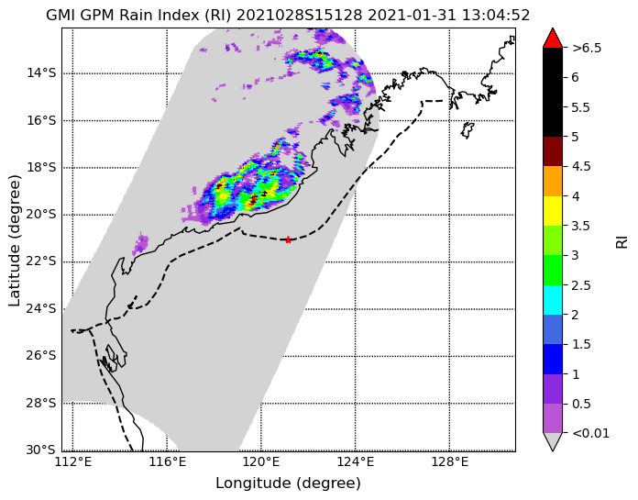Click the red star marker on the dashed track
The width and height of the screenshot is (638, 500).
click(288, 239)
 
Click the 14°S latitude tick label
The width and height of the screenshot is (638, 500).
click(41, 73)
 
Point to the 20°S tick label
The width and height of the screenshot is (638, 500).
click(41, 215)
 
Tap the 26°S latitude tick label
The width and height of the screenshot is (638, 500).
click(41, 356)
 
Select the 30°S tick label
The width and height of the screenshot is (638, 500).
click(41, 450)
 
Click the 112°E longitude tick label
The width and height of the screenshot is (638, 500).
click(73, 462)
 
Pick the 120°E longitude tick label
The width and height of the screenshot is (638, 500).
click(261, 462)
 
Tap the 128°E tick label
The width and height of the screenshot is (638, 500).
click(449, 462)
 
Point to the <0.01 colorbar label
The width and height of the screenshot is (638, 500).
click(591, 433)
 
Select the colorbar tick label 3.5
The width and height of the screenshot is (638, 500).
click(581, 226)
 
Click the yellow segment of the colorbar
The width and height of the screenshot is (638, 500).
click(553, 211)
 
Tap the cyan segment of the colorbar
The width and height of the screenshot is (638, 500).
click(553, 300)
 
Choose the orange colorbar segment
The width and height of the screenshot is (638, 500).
click(553, 181)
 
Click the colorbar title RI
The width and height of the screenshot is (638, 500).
click(622, 243)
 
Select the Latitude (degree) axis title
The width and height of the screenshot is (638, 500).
click(15, 240)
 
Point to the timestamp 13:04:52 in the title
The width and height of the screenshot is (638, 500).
click(496, 16)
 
